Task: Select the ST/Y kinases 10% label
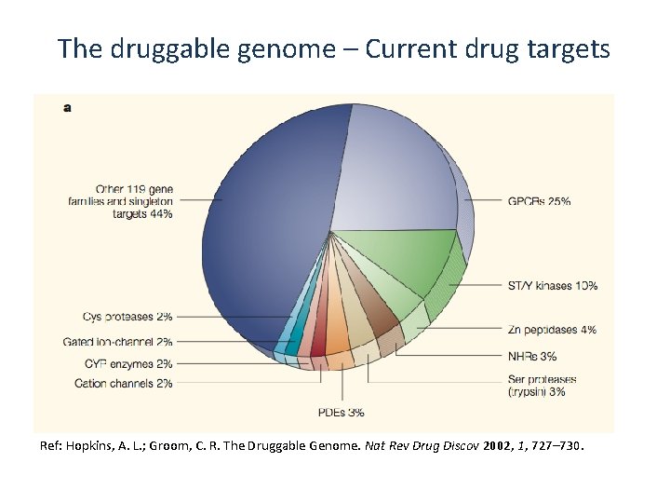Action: click(x=553, y=286)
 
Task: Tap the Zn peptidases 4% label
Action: click(x=552, y=330)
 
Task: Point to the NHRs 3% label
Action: click(x=533, y=356)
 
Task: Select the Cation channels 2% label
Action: click(x=123, y=384)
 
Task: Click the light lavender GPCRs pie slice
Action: click(x=391, y=168)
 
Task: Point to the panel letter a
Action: click(x=67, y=107)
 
